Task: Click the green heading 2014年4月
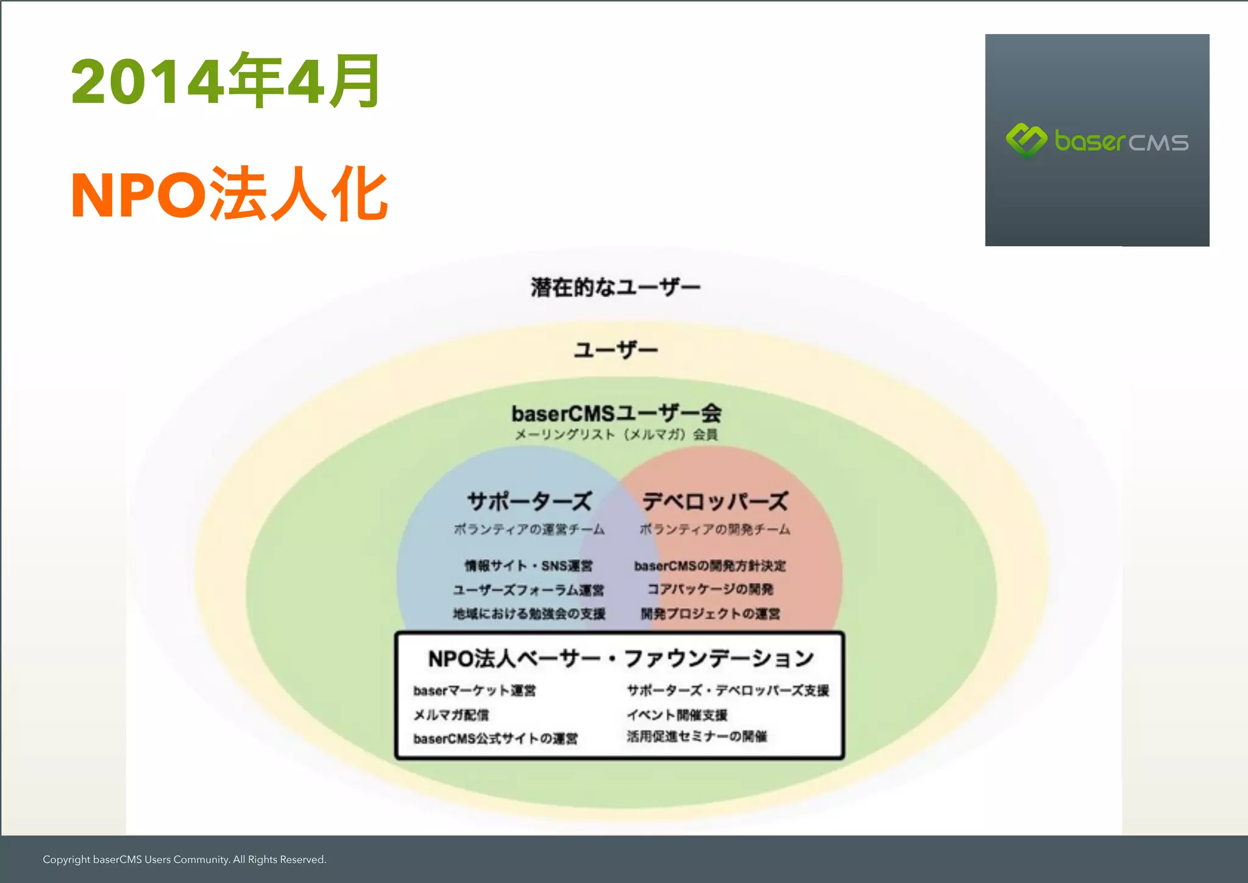pyautogui.click(x=225, y=81)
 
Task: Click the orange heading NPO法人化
pyautogui.click(x=229, y=194)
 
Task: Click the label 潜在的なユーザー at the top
pyautogui.click(x=615, y=287)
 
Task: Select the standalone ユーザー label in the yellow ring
pyautogui.click(x=615, y=350)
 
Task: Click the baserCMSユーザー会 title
pyautogui.click(x=616, y=413)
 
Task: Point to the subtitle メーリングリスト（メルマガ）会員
pyautogui.click(x=616, y=434)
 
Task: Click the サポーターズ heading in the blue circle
pyautogui.click(x=529, y=502)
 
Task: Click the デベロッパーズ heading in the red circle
pyautogui.click(x=715, y=502)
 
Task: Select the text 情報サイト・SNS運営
pyautogui.click(x=528, y=566)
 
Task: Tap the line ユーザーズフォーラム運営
pyautogui.click(x=528, y=589)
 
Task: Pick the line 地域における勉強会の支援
pyautogui.click(x=528, y=614)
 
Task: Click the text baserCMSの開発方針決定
pyautogui.click(x=710, y=566)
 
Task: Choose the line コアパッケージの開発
pyautogui.click(x=710, y=589)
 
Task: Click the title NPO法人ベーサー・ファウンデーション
pyautogui.click(x=621, y=658)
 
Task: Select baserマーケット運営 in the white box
pyautogui.click(x=474, y=690)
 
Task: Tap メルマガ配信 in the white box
pyautogui.click(x=451, y=715)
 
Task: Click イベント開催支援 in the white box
pyautogui.click(x=677, y=715)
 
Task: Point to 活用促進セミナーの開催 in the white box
pyautogui.click(x=697, y=737)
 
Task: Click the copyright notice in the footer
pyautogui.click(x=184, y=859)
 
